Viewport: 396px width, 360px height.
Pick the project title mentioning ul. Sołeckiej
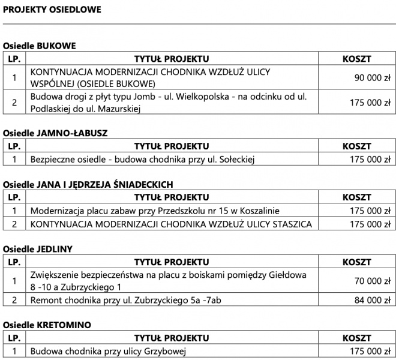click(x=143, y=159)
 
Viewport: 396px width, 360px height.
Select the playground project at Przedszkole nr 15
click(x=155, y=211)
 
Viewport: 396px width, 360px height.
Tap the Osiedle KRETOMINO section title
click(x=47, y=325)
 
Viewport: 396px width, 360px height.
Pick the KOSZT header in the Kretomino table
click(x=356, y=338)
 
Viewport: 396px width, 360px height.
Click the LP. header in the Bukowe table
click(x=14, y=59)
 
